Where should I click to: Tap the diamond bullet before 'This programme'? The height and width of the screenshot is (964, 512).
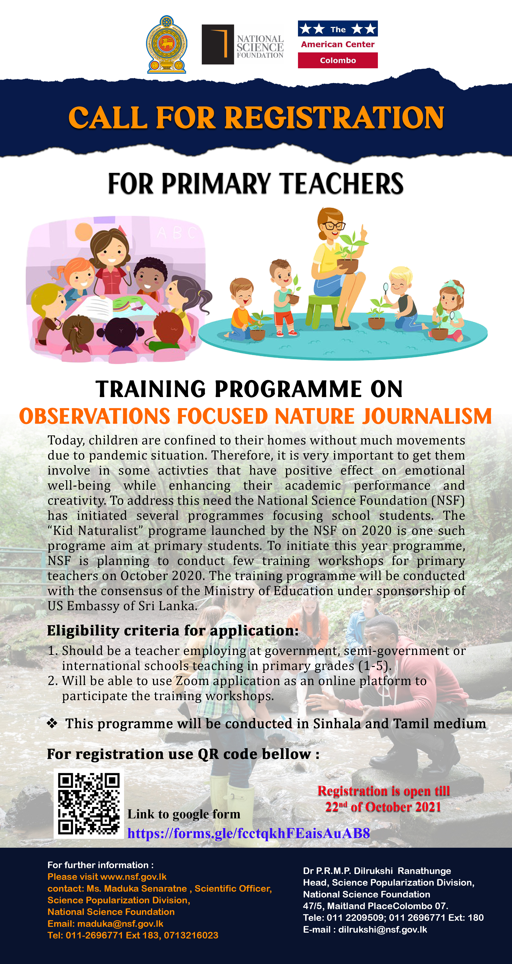pyautogui.click(x=52, y=723)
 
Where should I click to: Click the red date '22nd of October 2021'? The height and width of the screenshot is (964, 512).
pyautogui.click(x=383, y=807)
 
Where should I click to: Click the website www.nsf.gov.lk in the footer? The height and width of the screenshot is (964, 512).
pyautogui.click(x=133, y=877)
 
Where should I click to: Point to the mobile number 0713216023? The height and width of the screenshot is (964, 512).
pyautogui.click(x=191, y=935)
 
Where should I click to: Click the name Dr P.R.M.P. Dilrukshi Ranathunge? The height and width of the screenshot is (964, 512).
pyautogui.click(x=377, y=871)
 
